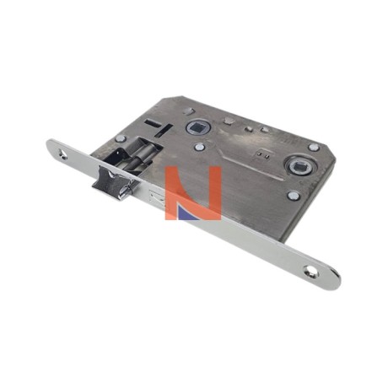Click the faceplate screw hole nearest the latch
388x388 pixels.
[x=63, y=154]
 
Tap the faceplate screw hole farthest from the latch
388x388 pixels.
[x=309, y=271]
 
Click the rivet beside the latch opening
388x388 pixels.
[x=120, y=138]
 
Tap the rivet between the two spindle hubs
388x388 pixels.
[x=199, y=147]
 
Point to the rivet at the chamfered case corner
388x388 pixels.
[x=313, y=147]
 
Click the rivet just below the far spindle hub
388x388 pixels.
[x=294, y=195]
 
